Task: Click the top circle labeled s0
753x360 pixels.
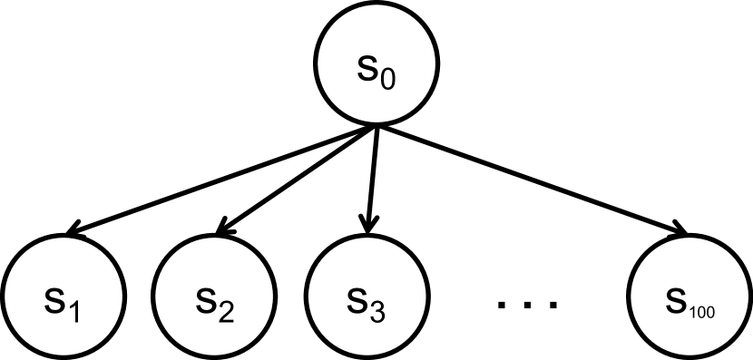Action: click(x=376, y=66)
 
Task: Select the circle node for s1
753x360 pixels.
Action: click(x=64, y=300)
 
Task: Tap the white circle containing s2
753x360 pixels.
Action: click(x=215, y=300)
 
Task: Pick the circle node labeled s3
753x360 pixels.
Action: click(x=367, y=300)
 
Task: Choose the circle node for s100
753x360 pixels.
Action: click(x=689, y=300)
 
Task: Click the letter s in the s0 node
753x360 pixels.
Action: click(x=367, y=69)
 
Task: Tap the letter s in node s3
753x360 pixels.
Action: click(x=357, y=301)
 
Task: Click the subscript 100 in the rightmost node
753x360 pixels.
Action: click(x=701, y=313)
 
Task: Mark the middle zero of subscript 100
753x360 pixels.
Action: click(x=701, y=313)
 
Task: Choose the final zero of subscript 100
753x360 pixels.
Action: click(x=710, y=313)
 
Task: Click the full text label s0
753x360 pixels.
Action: click(x=376, y=72)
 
